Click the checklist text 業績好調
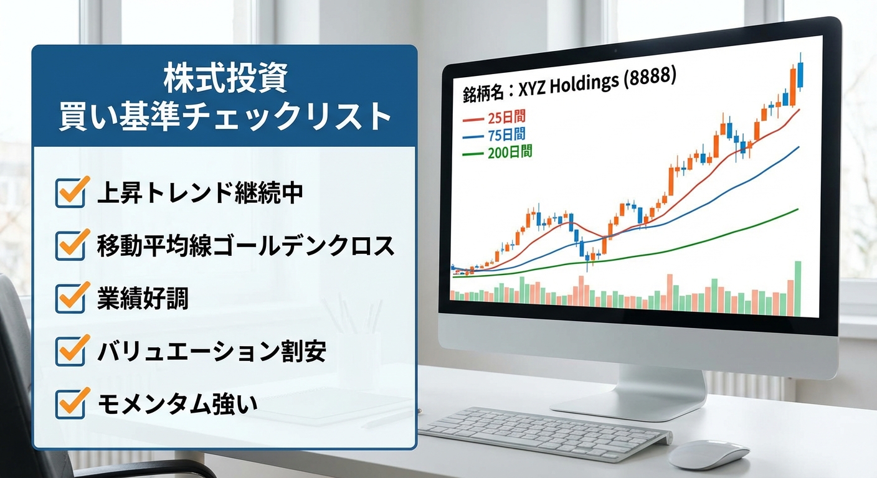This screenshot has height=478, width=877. click(x=143, y=299)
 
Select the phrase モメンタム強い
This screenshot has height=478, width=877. click(x=178, y=405)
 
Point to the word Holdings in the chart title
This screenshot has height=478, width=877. click(x=584, y=85)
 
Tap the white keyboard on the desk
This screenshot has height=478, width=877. click(x=542, y=432)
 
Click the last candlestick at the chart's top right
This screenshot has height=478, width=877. click(x=800, y=75)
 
